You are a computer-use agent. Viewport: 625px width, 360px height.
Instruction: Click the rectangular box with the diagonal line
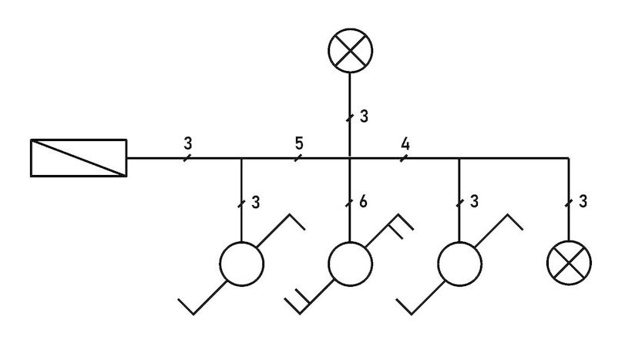[79, 158]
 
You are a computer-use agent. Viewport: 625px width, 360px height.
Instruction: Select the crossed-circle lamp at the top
[351, 52]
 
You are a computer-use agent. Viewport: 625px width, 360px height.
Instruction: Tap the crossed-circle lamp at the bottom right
[569, 261]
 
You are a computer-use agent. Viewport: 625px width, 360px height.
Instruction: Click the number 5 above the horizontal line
[298, 143]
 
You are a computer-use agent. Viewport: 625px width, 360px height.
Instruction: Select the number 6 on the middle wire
[363, 202]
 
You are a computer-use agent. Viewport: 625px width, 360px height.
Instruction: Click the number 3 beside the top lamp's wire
[364, 117]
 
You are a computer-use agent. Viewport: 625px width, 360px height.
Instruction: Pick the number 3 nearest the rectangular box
[188, 143]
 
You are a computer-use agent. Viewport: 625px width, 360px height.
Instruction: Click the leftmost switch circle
[242, 264]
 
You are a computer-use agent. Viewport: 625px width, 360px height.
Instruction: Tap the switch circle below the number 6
[351, 264]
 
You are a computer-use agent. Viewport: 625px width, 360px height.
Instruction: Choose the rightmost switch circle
[459, 264]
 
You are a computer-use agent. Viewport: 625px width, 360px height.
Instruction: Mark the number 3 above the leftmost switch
[255, 202]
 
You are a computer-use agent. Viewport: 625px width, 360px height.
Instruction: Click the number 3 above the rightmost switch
[473, 202]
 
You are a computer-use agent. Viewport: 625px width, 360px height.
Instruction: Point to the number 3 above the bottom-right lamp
[583, 202]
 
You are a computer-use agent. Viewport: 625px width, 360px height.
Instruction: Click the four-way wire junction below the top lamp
[351, 158]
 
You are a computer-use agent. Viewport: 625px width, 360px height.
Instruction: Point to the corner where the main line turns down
[569, 158]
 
